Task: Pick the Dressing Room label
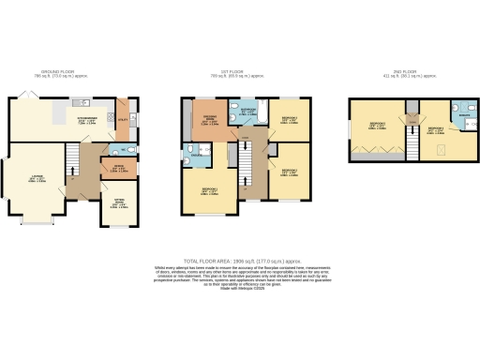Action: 211,122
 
